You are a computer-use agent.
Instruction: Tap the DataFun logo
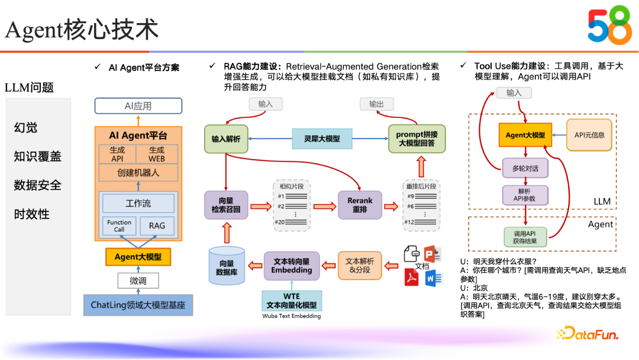click(x=588, y=334)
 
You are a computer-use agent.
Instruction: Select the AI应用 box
click(x=138, y=106)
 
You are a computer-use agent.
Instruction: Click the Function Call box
click(x=120, y=226)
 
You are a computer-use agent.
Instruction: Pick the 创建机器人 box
click(x=138, y=173)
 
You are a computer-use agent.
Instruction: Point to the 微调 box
click(x=138, y=281)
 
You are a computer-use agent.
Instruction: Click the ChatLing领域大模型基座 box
click(x=138, y=306)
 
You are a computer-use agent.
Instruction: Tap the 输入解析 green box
click(x=226, y=139)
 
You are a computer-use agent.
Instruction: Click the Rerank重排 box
click(x=360, y=205)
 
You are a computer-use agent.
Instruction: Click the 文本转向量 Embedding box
click(x=291, y=265)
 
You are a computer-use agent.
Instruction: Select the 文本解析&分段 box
click(x=360, y=265)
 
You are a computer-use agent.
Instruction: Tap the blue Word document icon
click(x=433, y=278)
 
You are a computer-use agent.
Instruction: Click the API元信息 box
click(x=589, y=135)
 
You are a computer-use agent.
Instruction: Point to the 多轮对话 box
click(x=525, y=168)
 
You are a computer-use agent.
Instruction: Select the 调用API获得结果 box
click(x=525, y=237)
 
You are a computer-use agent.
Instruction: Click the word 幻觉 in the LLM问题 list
click(x=26, y=127)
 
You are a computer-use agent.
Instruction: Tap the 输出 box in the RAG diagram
click(x=376, y=104)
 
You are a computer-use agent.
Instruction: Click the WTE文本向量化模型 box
click(x=291, y=301)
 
